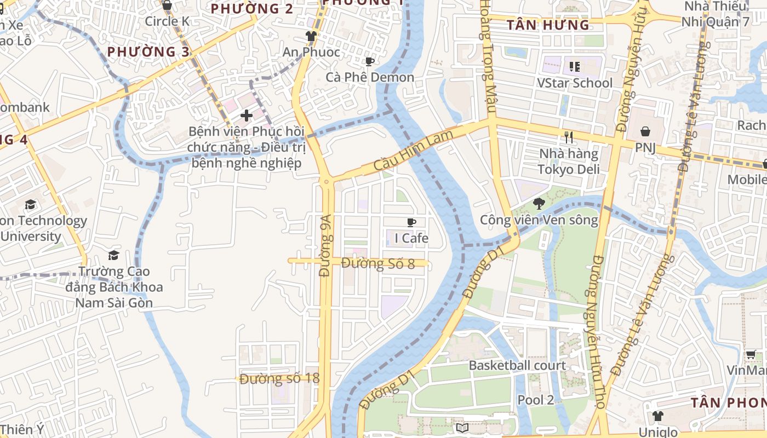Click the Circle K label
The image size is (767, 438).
pyautogui.click(x=167, y=21)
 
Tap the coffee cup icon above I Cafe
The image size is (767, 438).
pyautogui.click(x=411, y=222)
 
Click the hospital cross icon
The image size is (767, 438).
pyautogui.click(x=247, y=116)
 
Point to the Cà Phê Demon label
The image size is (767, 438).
pyautogui.click(x=370, y=77)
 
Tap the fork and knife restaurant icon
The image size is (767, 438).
pyautogui.click(x=568, y=137)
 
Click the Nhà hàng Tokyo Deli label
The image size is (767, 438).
pyautogui.click(x=568, y=161)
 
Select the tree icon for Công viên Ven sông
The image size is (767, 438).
pyautogui.click(x=539, y=204)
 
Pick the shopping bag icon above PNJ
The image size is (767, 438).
pyautogui.click(x=645, y=132)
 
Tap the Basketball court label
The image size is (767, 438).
pyautogui.click(x=517, y=365)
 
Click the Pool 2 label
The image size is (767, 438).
pyautogui.click(x=535, y=400)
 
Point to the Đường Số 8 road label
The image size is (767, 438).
pyautogui.click(x=378, y=263)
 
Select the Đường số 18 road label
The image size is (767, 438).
pyautogui.click(x=279, y=379)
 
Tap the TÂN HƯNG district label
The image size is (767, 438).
pyautogui.click(x=548, y=25)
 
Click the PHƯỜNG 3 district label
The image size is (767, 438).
pyautogui.click(x=148, y=52)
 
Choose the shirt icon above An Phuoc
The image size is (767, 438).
pyautogui.click(x=311, y=37)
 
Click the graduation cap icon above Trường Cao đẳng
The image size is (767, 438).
pyautogui.click(x=113, y=255)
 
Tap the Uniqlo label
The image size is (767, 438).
pyautogui.click(x=658, y=432)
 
